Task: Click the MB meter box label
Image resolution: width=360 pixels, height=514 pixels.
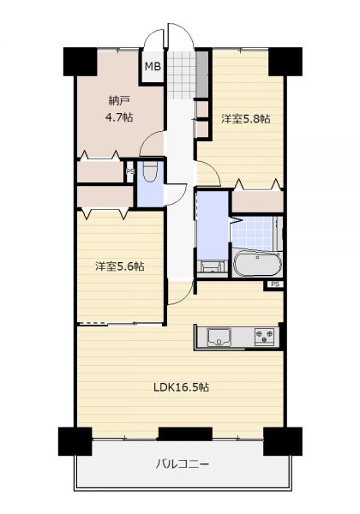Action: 153,67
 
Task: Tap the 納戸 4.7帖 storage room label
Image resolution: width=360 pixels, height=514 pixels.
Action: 119,109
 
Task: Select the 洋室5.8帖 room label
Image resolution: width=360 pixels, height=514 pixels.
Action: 246,119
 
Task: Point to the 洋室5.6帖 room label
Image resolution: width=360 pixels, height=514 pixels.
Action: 120,266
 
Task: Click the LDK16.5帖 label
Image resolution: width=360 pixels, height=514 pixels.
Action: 182,387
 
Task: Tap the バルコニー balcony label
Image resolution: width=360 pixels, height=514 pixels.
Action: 182,463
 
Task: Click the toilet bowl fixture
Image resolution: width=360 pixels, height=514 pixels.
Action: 151,172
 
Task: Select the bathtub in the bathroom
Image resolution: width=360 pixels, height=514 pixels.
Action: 258,264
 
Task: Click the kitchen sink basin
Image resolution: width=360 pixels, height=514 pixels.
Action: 219,338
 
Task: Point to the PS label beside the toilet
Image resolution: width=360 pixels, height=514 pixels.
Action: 130,171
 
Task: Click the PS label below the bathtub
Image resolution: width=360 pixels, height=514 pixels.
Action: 276,284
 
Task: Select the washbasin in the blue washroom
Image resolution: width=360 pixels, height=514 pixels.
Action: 211,266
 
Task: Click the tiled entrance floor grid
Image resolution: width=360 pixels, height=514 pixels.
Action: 182,75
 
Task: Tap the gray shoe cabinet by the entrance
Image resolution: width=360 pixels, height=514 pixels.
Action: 202,74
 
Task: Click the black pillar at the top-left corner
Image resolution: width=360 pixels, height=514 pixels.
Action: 81,62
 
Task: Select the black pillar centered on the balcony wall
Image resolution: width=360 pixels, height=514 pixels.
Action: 186,433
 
